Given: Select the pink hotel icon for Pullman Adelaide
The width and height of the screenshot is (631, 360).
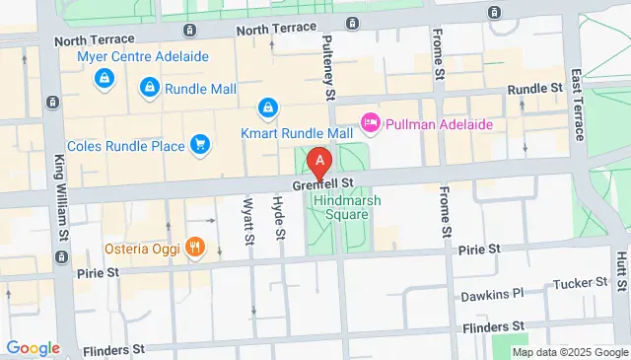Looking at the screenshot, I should pyautogui.click(x=371, y=124).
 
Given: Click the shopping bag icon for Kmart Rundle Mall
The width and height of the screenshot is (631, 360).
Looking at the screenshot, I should pyautogui.click(x=267, y=107).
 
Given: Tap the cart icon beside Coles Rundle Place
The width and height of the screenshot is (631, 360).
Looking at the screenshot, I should pyautogui.click(x=200, y=146).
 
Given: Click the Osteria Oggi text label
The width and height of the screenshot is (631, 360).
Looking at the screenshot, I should pyautogui.click(x=142, y=248).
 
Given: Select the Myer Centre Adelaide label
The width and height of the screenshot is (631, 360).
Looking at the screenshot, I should pyautogui.click(x=143, y=56).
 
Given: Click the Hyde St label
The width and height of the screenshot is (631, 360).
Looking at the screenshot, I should pyautogui.click(x=279, y=219).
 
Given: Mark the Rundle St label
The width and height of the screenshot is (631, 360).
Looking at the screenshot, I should pyautogui.click(x=534, y=90).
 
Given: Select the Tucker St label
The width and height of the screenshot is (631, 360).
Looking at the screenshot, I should pyautogui.click(x=577, y=284).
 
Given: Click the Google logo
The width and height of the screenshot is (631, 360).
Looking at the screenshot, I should pyautogui.click(x=33, y=348).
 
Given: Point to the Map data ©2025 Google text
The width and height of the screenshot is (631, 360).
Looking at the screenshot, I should pyautogui.click(x=569, y=352).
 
